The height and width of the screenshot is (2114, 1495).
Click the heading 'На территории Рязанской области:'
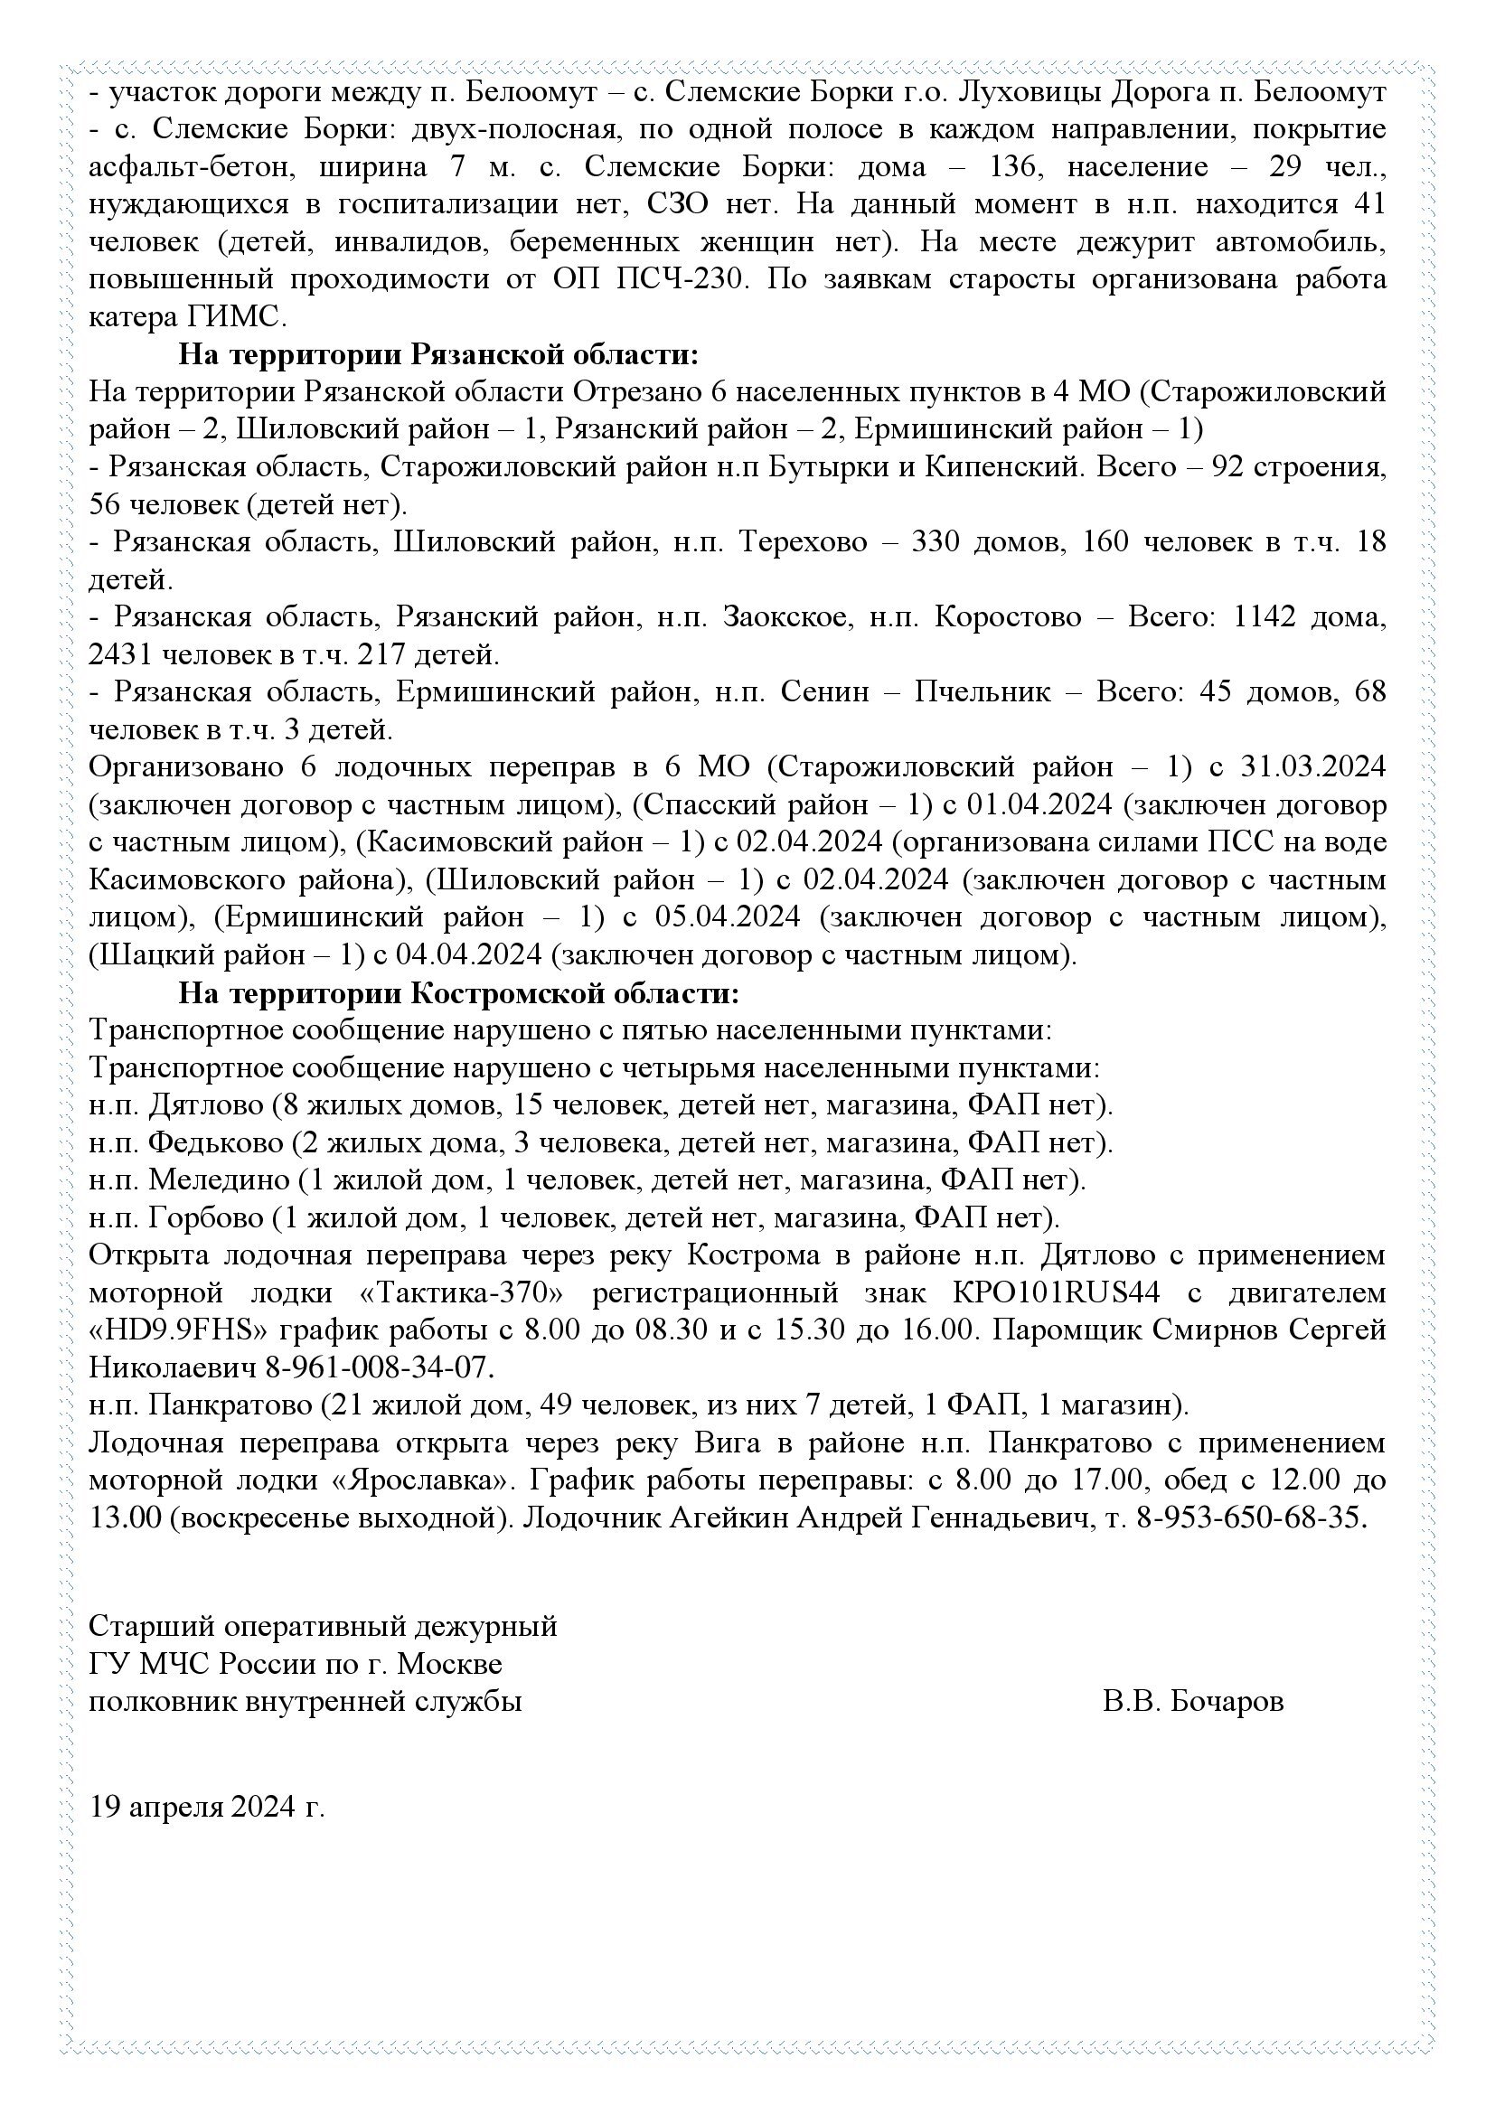[x=438, y=354]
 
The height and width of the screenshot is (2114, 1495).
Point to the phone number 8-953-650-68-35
[x=1247, y=1517]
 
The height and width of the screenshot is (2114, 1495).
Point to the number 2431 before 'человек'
[x=121, y=655]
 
